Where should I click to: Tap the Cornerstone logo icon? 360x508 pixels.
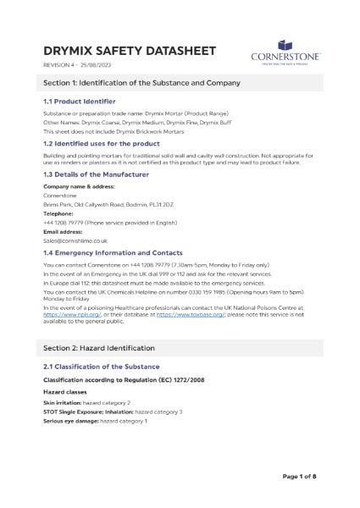[285, 43]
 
